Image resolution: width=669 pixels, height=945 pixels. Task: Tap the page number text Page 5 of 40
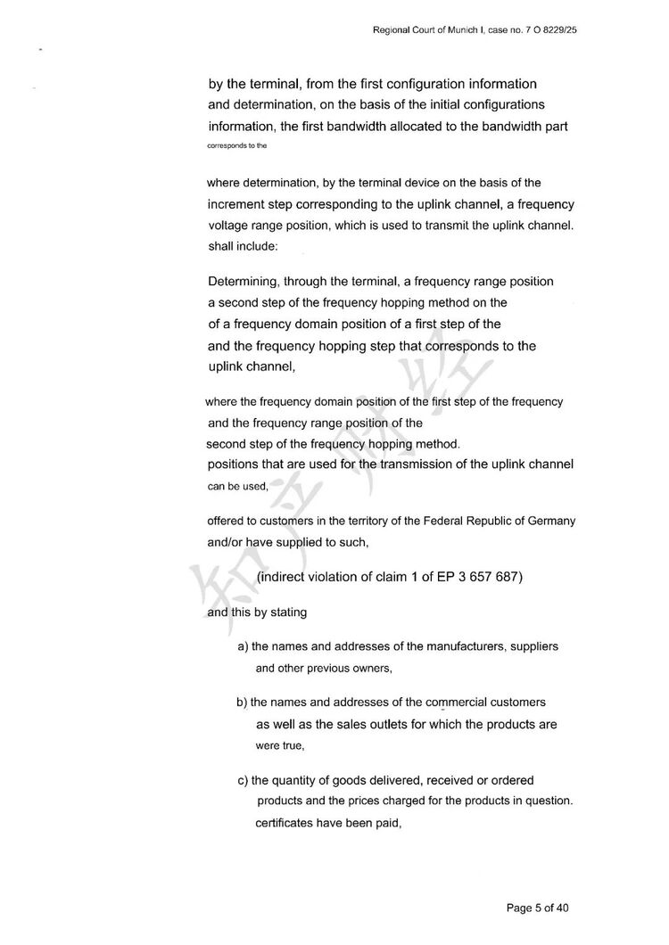click(538, 908)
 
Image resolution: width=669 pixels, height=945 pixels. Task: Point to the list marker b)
click(242, 703)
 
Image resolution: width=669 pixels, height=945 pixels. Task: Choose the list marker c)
click(243, 781)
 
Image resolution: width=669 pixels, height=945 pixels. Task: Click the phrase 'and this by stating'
click(257, 612)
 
